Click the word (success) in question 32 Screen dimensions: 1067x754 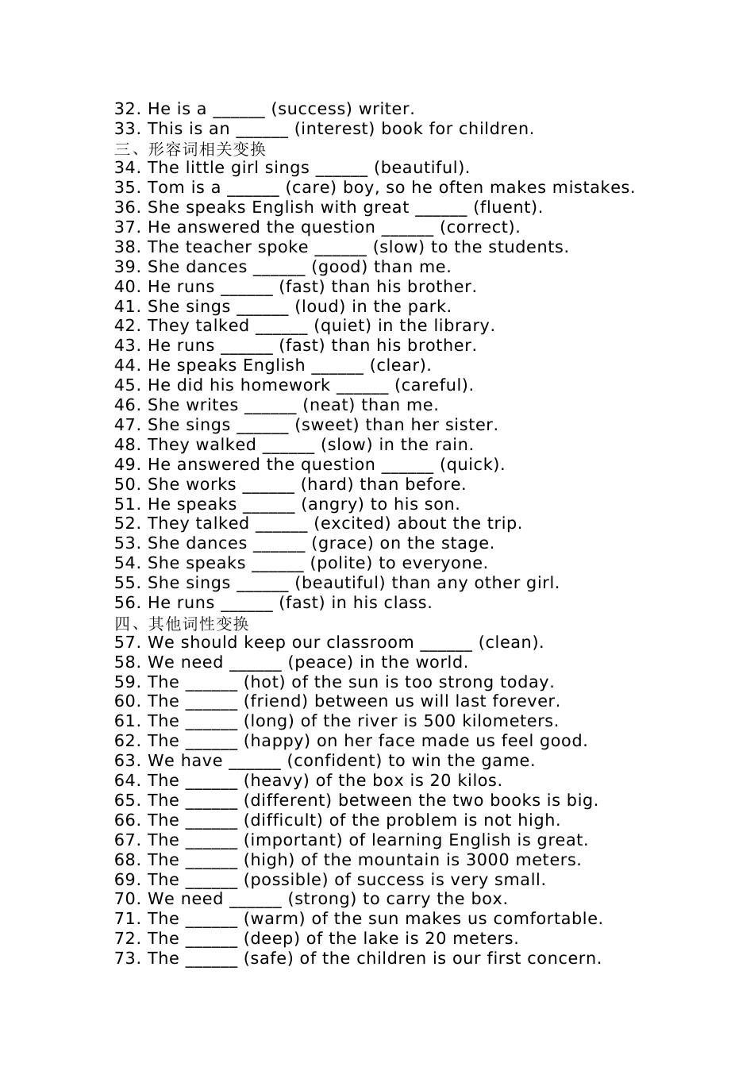click(x=312, y=109)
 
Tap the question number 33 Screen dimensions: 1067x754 click(x=127, y=129)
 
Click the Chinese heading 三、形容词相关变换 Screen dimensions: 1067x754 click(x=190, y=148)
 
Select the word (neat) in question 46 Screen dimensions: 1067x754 click(x=329, y=405)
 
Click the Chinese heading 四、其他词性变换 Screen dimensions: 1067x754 click(x=182, y=622)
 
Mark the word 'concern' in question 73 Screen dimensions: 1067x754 click(x=567, y=958)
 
